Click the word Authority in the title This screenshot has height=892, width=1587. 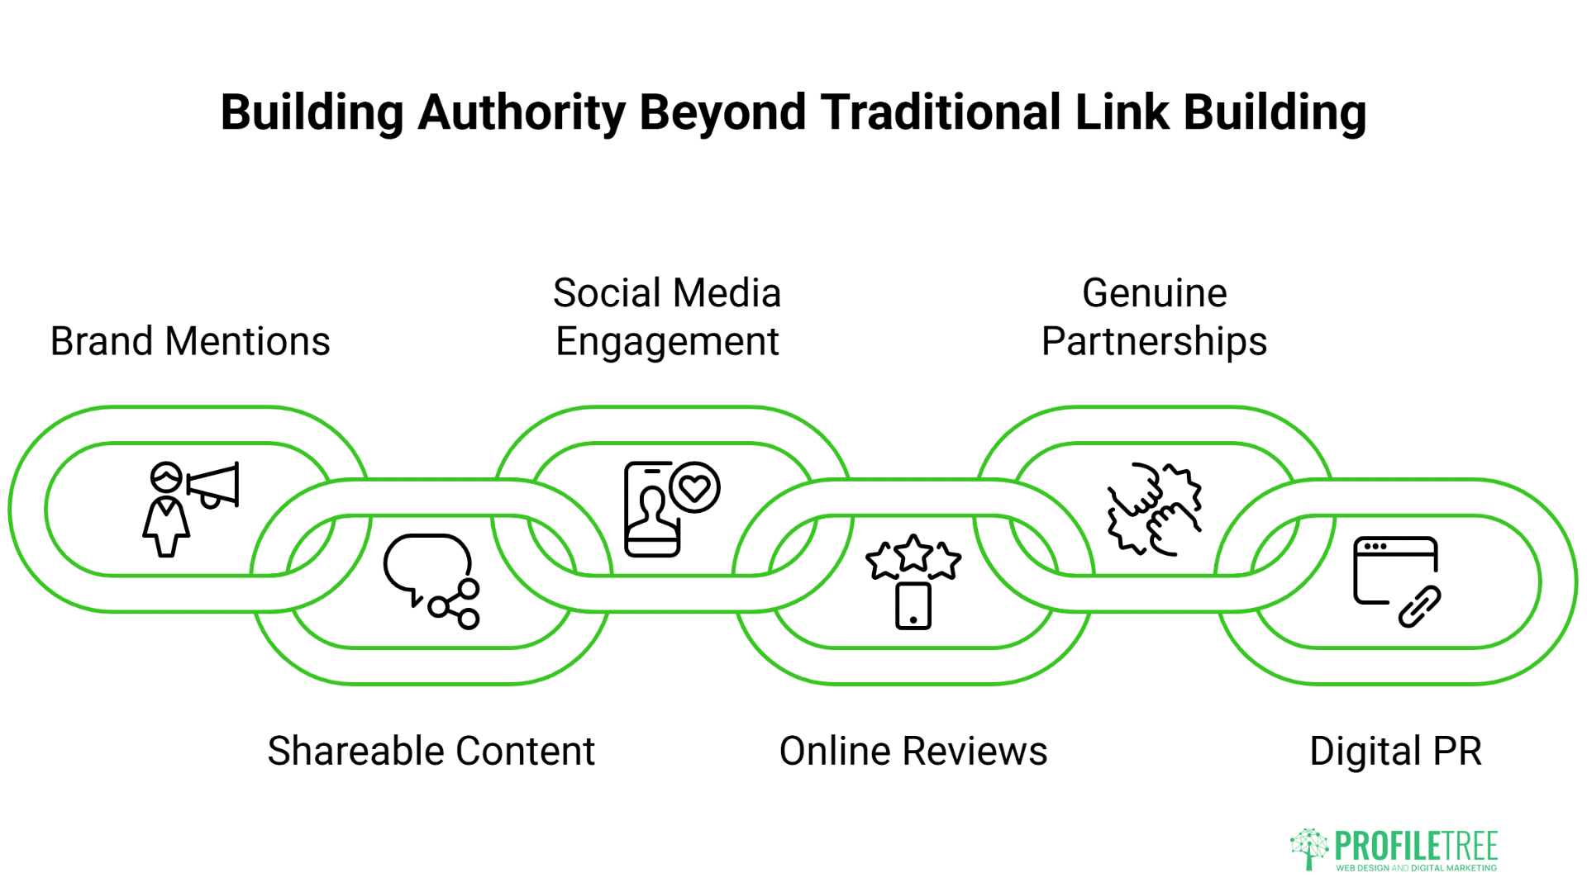(x=521, y=112)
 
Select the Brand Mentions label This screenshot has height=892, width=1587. (x=190, y=341)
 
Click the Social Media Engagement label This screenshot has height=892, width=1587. (x=667, y=317)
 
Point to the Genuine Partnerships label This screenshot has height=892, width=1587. (x=1154, y=317)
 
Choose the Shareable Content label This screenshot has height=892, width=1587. (x=431, y=751)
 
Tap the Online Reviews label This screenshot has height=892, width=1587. (x=913, y=751)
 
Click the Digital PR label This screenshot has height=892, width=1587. (x=1395, y=751)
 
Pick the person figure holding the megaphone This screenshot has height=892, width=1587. (x=166, y=512)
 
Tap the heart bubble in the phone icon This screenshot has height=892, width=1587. (x=694, y=487)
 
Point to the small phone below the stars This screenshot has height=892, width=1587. (x=913, y=606)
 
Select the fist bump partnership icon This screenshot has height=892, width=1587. (x=1154, y=509)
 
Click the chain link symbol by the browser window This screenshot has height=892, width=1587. (x=1420, y=607)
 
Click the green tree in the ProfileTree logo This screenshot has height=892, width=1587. (x=1308, y=848)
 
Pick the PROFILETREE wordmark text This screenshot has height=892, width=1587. (x=1416, y=846)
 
